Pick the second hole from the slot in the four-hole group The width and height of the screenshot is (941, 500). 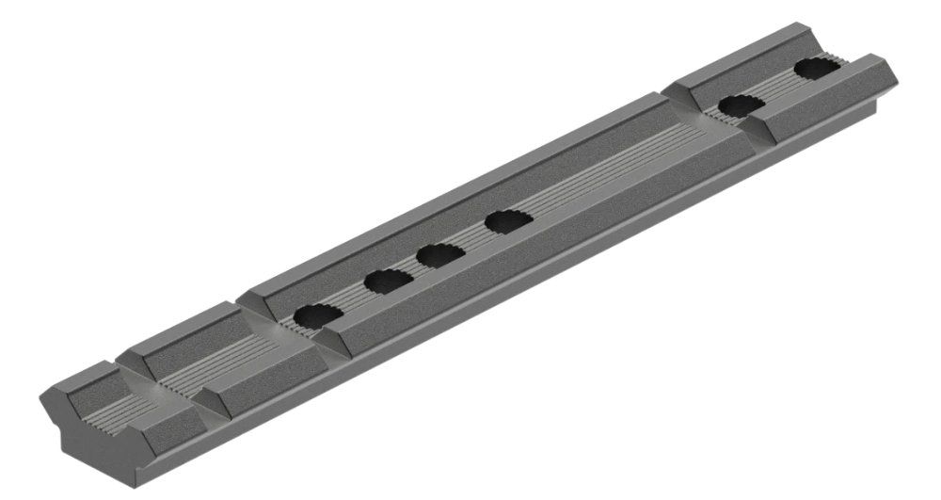tap(384, 280)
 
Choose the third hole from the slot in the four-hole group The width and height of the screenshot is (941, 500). tap(438, 253)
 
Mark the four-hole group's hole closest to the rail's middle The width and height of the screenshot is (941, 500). tap(508, 222)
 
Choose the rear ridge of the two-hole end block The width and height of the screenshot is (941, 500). tap(743, 56)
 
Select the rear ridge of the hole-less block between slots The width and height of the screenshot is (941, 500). tap(188, 330)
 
